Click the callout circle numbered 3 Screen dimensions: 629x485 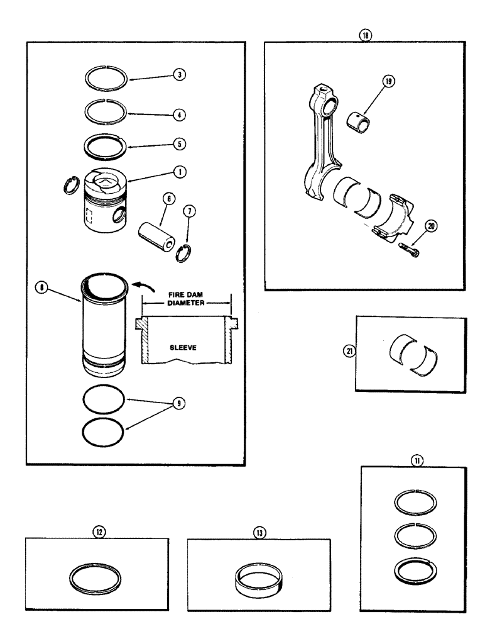[x=181, y=74]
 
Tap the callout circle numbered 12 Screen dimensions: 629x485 [x=97, y=532]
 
